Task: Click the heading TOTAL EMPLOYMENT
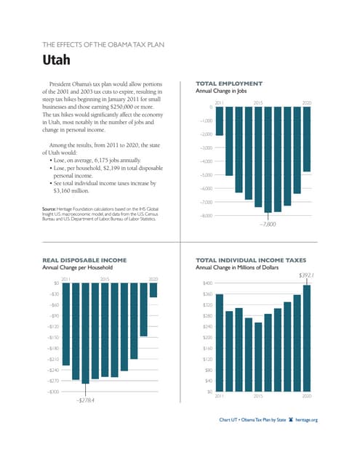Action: click(229, 84)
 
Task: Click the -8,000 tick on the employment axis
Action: click(206, 215)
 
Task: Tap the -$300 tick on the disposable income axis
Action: click(52, 392)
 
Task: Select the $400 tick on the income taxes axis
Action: click(207, 283)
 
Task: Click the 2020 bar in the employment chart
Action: click(306, 139)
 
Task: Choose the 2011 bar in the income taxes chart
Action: click(219, 342)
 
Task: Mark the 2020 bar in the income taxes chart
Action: click(306, 338)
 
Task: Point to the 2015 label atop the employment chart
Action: click(258, 103)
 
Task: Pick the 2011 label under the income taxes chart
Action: click(220, 397)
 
